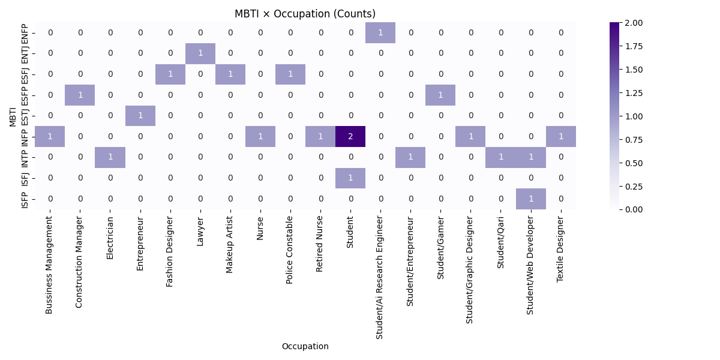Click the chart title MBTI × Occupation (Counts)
pos(305,14)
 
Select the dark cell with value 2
pos(350,136)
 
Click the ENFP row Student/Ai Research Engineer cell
pos(380,32)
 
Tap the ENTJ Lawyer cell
pos(200,53)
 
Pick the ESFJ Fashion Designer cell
pos(170,74)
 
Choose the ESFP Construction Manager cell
pos(80,95)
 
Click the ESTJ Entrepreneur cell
pos(140,116)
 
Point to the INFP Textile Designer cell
pos(561,136)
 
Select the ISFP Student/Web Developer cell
pos(531,199)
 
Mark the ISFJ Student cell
pos(350,178)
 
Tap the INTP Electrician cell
pos(110,157)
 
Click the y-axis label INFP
pos(25,136)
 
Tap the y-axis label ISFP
pos(25,199)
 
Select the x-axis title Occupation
pos(305,346)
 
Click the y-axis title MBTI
pos(13,116)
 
